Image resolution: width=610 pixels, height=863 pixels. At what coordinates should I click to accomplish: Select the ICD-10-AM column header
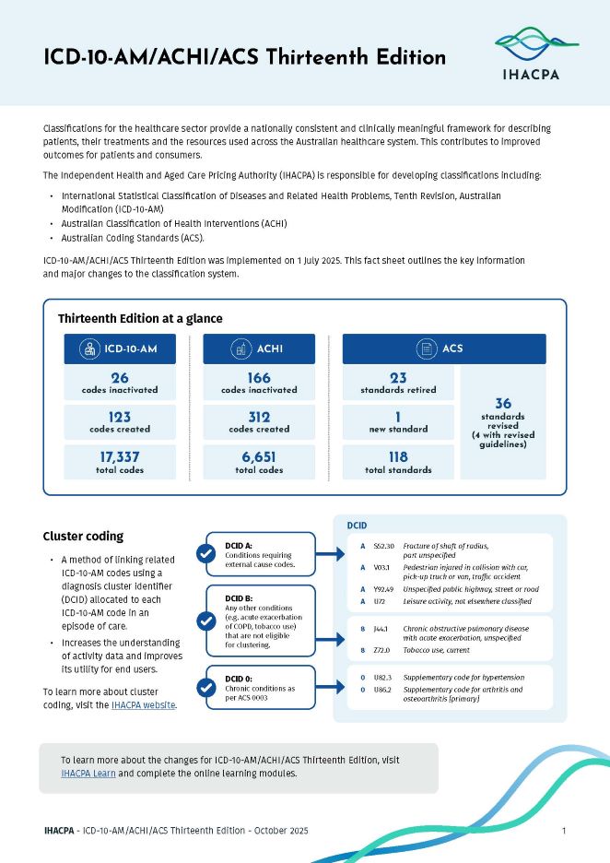tap(120, 349)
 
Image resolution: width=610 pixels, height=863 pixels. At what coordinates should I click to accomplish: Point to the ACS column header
tap(444, 349)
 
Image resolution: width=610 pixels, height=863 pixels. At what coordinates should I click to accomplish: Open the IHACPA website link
tap(143, 680)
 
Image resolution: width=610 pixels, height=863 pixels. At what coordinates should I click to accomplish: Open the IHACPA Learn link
tap(88, 774)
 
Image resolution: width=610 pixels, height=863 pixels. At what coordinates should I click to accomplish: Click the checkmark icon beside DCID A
tap(207, 553)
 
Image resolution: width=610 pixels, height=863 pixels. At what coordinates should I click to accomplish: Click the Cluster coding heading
tap(83, 537)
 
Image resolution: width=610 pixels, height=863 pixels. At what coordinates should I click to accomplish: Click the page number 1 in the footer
tap(563, 832)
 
